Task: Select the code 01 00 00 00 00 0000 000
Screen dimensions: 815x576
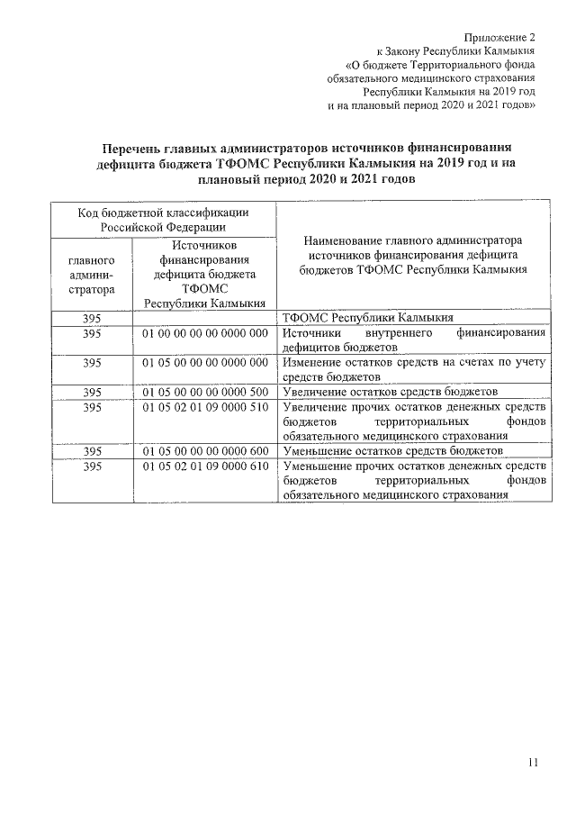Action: point(206,333)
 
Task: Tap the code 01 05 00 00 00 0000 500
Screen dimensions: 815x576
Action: point(206,392)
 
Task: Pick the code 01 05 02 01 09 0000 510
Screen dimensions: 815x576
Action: point(206,407)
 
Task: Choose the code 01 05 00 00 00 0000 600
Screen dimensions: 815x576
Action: point(206,450)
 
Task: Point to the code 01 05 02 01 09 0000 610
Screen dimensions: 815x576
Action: point(206,466)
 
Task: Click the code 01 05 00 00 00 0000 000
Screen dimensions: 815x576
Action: point(206,362)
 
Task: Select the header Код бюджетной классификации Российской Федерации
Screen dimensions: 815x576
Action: point(162,220)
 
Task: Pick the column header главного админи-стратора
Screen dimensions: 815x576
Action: point(91,275)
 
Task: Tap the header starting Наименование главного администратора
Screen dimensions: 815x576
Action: point(413,256)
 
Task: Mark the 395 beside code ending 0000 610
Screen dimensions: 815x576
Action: point(91,466)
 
